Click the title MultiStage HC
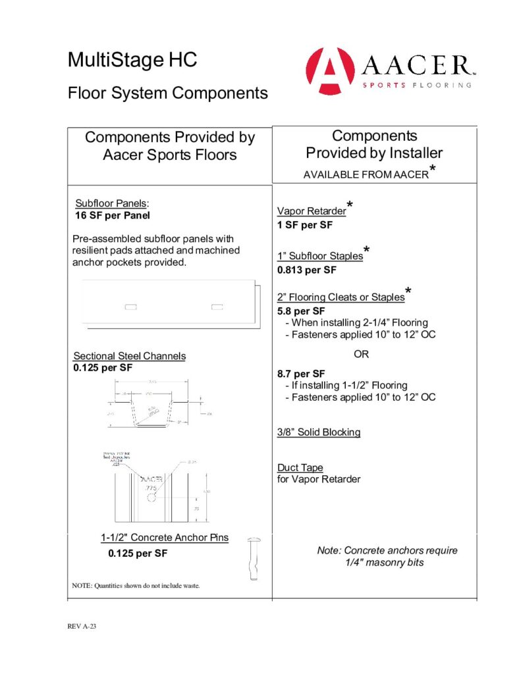132,61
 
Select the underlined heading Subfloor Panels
111,203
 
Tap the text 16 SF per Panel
115,215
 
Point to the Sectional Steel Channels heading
129,356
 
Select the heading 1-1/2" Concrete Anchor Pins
164,538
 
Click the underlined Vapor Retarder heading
312,211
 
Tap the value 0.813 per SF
307,270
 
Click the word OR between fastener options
362,354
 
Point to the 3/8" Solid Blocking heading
319,432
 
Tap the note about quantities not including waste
135,585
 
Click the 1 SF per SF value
305,225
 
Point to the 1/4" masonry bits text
385,563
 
